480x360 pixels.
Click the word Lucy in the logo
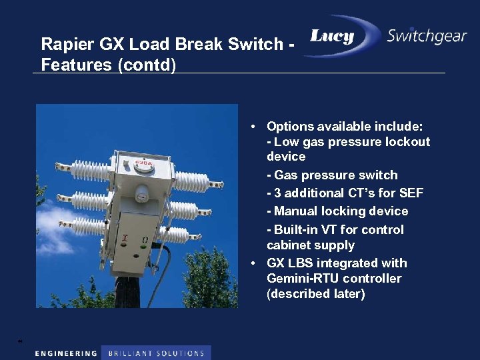pyautogui.click(x=332, y=37)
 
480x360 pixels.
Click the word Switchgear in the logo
pyautogui.click(x=427, y=36)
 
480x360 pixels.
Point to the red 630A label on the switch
pyautogui.click(x=142, y=162)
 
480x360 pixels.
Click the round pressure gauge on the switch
pyautogui.click(x=140, y=195)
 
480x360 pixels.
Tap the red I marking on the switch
pyautogui.click(x=124, y=238)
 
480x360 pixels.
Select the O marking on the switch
pyautogui.click(x=145, y=239)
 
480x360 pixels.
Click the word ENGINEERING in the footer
pyautogui.click(x=65, y=353)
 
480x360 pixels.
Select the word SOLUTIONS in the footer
pyautogui.click(x=180, y=353)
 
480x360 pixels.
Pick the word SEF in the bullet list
pyautogui.click(x=411, y=193)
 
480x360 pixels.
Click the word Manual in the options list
pyautogui.click(x=295, y=211)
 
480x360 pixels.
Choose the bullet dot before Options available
pyautogui.click(x=255, y=127)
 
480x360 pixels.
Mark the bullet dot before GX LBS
pyautogui.click(x=255, y=263)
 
